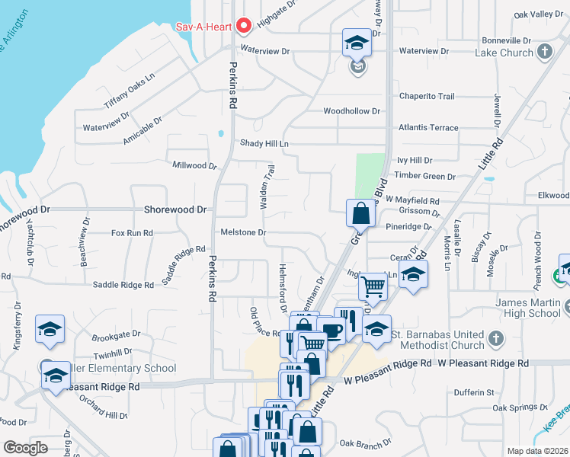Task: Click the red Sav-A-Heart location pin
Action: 244,26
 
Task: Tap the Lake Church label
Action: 503,53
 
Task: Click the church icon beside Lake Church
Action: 544,52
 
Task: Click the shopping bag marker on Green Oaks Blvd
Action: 361,214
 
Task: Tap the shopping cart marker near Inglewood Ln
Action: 373,287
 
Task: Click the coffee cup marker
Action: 331,331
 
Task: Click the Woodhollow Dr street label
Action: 351,111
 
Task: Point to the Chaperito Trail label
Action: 427,96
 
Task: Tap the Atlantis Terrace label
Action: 423,127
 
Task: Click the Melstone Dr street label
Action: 243,232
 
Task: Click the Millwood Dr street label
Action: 195,165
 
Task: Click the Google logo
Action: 26,448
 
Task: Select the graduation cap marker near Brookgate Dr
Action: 50,328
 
